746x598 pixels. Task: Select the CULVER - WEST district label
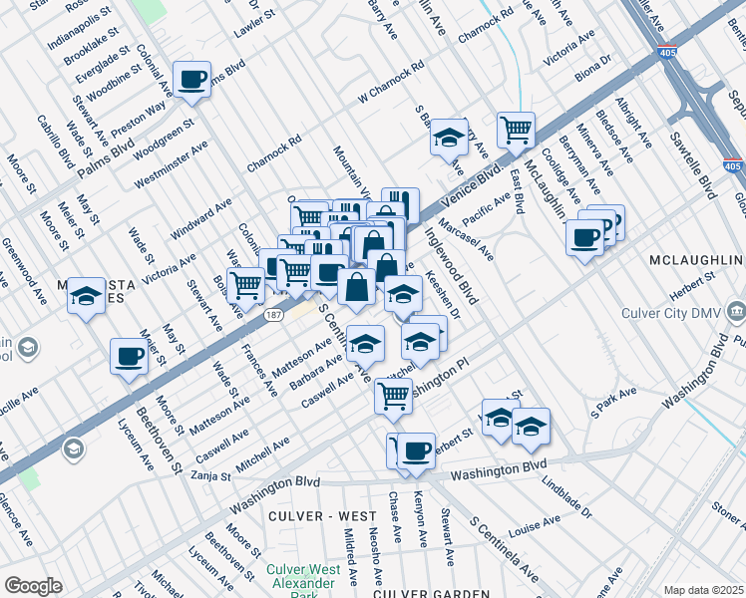(322, 516)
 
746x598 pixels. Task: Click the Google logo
(33, 586)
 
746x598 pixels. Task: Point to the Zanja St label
(210, 476)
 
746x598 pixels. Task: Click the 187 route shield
(272, 314)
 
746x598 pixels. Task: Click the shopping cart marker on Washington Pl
(393, 395)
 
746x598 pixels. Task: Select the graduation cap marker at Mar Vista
(87, 296)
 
